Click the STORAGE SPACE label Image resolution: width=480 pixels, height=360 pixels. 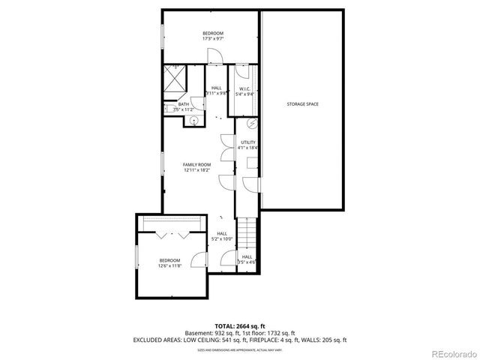[303, 103]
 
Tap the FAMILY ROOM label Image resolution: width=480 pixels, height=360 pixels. [197, 164]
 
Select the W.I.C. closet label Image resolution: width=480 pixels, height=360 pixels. [245, 88]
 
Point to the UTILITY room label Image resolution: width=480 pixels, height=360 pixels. [248, 142]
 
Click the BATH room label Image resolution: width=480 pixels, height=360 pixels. [183, 104]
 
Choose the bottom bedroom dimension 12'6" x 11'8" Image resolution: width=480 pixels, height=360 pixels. [169, 265]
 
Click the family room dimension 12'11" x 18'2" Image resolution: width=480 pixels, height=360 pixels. [197, 170]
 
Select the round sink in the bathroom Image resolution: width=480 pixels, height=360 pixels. [193, 120]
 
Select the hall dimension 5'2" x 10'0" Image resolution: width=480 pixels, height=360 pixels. [223, 239]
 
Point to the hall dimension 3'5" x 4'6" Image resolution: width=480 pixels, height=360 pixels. [247, 262]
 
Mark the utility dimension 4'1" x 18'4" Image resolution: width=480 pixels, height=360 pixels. [248, 148]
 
